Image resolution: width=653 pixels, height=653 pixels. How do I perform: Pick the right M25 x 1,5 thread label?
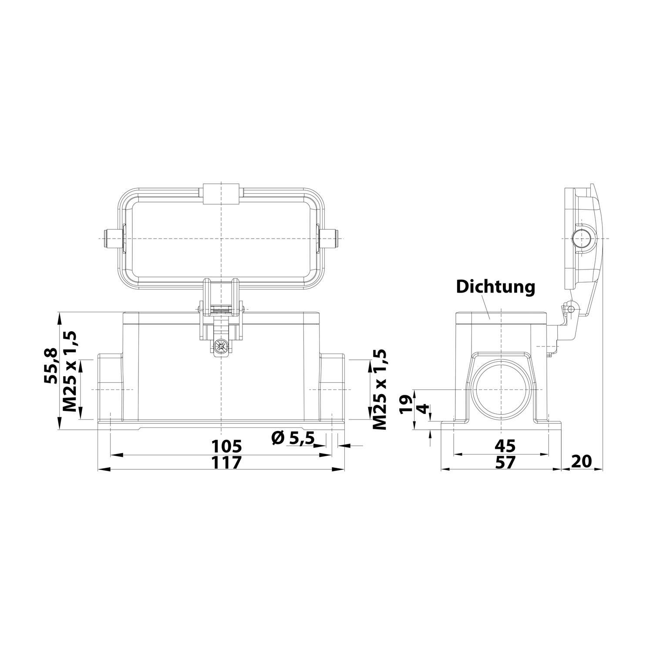379,389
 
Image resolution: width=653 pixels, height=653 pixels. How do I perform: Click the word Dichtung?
495,287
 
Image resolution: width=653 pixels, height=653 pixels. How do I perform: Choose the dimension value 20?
582,461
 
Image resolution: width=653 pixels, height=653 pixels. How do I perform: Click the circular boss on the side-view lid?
582,239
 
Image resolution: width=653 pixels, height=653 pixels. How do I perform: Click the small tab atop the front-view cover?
222,193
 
